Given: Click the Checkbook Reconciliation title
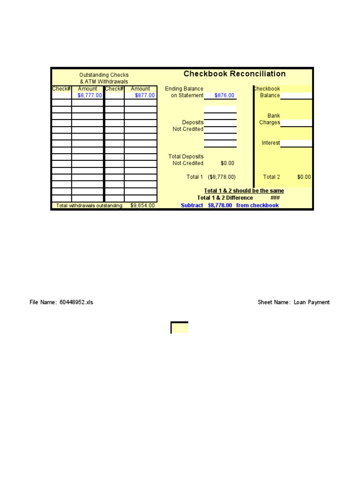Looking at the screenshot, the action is (x=234, y=74).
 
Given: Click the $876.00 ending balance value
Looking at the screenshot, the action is (x=225, y=96).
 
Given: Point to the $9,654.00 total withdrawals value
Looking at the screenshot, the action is (x=142, y=205).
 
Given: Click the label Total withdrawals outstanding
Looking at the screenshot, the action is (x=90, y=206).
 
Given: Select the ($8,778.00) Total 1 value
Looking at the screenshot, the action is (x=222, y=177).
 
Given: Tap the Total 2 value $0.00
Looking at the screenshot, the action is (x=304, y=177).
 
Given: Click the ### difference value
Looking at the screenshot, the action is (x=275, y=198).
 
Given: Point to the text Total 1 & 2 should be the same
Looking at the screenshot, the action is (x=244, y=191).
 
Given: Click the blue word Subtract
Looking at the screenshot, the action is (x=192, y=205).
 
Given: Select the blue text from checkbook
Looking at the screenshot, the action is (x=257, y=205).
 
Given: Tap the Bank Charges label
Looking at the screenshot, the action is (x=270, y=119).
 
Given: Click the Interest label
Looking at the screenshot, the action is (x=271, y=143).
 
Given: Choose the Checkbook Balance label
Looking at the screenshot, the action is (x=268, y=92).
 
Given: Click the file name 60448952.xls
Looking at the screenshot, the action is (x=76, y=302).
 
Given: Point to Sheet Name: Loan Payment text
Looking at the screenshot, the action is (x=293, y=302).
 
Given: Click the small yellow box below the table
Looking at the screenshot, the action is (x=180, y=328).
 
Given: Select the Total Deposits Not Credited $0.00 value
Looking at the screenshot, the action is (x=227, y=163).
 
